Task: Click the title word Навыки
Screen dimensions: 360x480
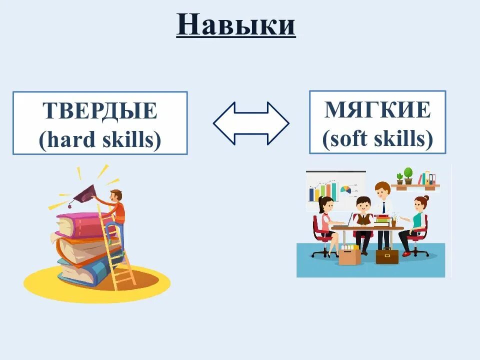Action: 236,24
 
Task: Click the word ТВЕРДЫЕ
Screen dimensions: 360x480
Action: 100,111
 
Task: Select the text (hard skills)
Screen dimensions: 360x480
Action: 100,140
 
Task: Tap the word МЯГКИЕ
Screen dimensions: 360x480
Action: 377,110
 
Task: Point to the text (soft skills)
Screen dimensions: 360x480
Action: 377,139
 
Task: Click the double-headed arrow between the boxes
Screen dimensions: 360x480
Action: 251,123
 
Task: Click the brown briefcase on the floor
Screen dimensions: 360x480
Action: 387,255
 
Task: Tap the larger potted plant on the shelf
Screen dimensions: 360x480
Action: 408,175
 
